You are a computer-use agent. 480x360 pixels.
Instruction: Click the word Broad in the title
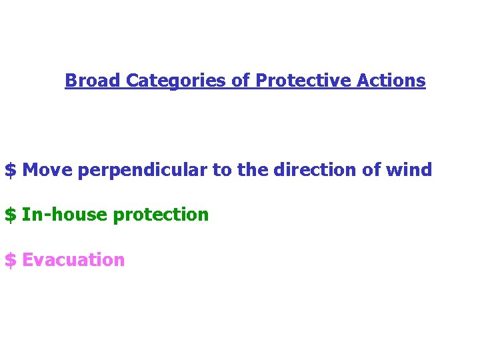[x=93, y=81]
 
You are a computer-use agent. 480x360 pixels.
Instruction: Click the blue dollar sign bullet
[x=10, y=170]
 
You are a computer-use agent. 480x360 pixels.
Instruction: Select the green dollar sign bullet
[x=10, y=215]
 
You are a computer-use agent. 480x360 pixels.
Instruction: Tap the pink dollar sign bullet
[x=10, y=260]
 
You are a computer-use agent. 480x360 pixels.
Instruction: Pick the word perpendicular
[x=143, y=171]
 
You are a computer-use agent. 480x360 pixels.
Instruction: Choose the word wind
[x=409, y=170]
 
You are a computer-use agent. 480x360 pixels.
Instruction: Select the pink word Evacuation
[x=73, y=260]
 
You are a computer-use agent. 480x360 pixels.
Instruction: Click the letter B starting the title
[x=70, y=81]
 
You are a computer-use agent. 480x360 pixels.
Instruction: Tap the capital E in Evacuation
[x=27, y=260]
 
